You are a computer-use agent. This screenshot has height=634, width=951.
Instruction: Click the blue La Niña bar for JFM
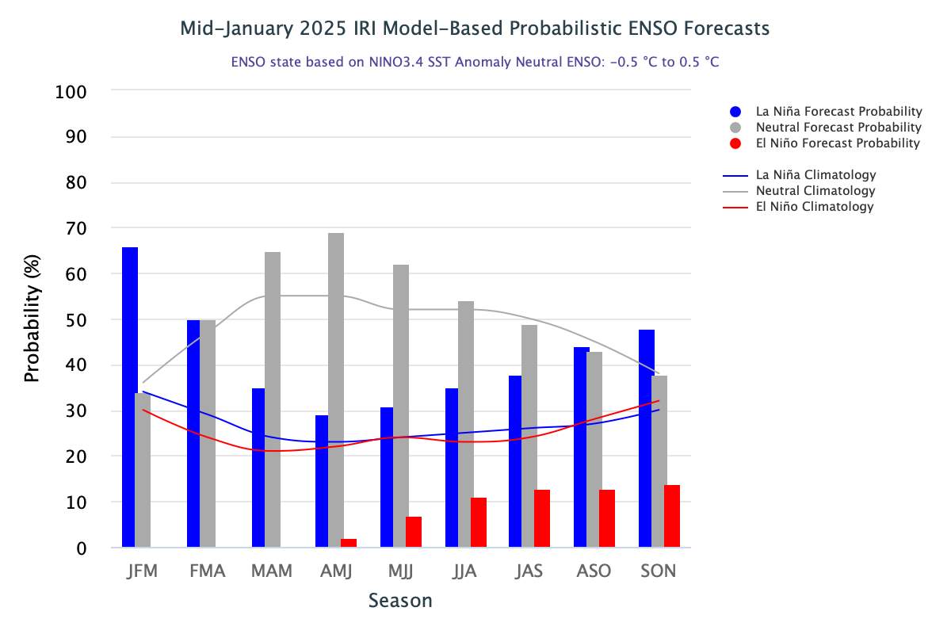click(130, 397)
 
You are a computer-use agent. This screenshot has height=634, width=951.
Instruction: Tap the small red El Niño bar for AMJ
click(349, 543)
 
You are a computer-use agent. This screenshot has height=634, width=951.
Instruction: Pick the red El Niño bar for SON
click(672, 516)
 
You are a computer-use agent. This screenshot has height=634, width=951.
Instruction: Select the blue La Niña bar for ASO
click(582, 447)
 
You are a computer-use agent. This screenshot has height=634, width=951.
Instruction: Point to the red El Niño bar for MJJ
click(414, 532)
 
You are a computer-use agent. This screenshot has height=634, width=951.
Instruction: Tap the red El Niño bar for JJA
click(479, 522)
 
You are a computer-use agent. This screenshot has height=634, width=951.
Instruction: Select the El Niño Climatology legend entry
click(814, 207)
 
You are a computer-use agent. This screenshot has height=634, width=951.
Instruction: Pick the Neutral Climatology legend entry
click(815, 191)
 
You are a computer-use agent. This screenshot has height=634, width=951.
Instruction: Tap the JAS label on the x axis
click(529, 571)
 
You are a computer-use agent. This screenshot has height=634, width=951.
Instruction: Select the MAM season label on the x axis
click(271, 571)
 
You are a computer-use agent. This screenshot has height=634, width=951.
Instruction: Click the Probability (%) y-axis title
click(32, 319)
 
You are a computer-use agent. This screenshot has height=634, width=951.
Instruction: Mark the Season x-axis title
click(400, 601)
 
